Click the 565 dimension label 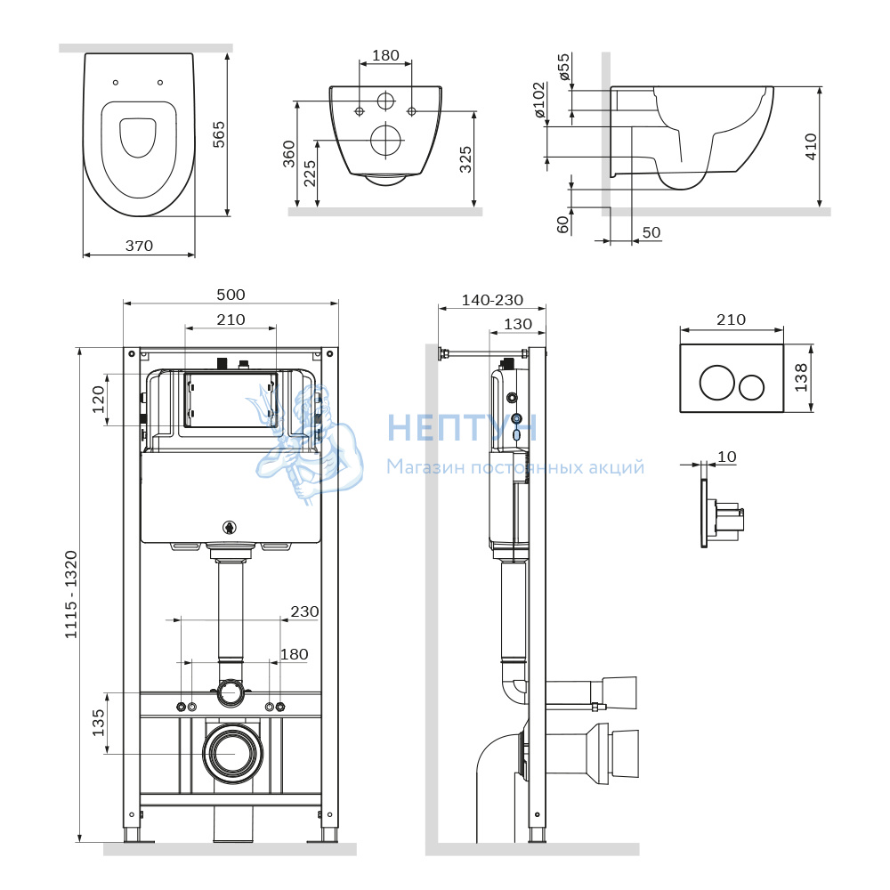point(219,134)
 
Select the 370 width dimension point(139,246)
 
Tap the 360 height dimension point(289,154)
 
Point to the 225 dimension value point(310,174)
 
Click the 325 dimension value point(465,159)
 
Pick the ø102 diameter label point(539,100)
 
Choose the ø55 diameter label point(563,67)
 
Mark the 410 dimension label point(811,147)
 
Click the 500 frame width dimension point(231,295)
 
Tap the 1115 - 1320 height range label point(70,595)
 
